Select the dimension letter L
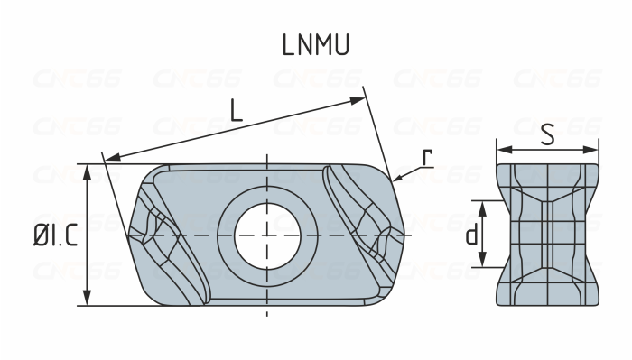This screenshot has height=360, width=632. [x=236, y=110]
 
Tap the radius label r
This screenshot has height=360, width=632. [x=427, y=157]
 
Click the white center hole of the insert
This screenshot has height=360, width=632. [x=266, y=235]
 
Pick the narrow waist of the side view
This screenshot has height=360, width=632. [x=547, y=235]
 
